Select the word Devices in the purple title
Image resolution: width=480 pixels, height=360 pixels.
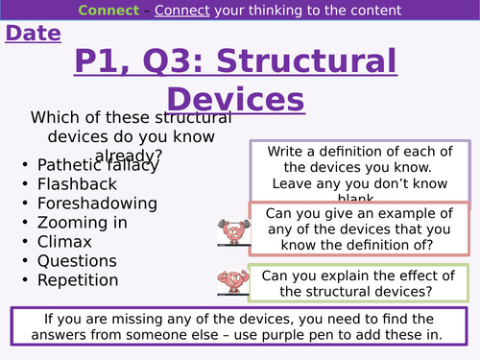click(x=235, y=99)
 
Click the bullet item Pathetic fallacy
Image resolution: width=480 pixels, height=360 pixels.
click(x=97, y=164)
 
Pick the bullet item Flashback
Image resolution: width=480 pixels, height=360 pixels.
click(x=77, y=183)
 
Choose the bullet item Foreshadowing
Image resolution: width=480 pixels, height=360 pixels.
click(x=96, y=203)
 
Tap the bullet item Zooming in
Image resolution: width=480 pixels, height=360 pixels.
click(x=84, y=222)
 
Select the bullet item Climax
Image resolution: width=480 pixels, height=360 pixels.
click(x=65, y=241)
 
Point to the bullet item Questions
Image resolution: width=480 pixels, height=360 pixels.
click(x=77, y=260)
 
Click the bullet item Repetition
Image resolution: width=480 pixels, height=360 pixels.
click(x=78, y=279)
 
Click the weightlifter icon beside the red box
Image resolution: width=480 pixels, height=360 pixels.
click(x=231, y=227)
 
